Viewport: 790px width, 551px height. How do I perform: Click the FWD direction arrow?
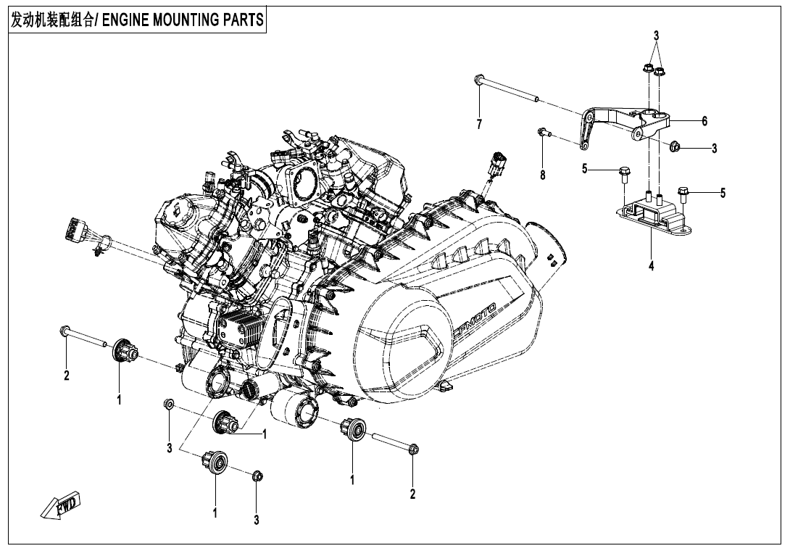pyautogui.click(x=62, y=506)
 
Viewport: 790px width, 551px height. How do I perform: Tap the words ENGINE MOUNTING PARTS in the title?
pyautogui.click(x=183, y=20)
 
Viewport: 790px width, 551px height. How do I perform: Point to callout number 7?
pyautogui.click(x=479, y=125)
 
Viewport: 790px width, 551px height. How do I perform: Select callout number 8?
pyautogui.click(x=542, y=175)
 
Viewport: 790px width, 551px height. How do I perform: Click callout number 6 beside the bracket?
pyautogui.click(x=704, y=120)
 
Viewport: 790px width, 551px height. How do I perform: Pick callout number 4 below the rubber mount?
pyautogui.click(x=651, y=266)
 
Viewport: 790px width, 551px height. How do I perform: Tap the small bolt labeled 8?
pyautogui.click(x=542, y=133)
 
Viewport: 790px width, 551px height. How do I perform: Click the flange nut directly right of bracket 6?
pyautogui.click(x=674, y=146)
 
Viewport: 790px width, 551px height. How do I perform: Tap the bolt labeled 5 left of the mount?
pyautogui.click(x=623, y=173)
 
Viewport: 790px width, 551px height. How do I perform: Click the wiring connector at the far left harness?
pyautogui.click(x=75, y=230)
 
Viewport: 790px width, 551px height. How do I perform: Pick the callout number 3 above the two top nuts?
pyautogui.click(x=656, y=36)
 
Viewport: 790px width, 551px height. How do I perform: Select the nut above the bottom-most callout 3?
pyautogui.click(x=257, y=476)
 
